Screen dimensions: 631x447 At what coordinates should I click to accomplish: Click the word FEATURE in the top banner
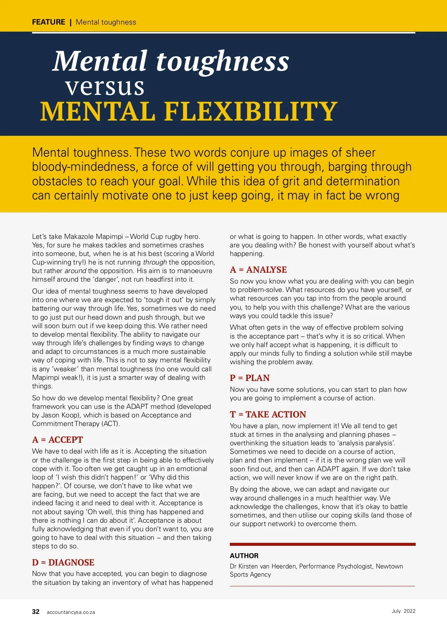click(x=48, y=22)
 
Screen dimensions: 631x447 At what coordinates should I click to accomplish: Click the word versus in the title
click(x=105, y=87)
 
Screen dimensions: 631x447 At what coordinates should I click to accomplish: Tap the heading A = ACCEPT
click(x=57, y=440)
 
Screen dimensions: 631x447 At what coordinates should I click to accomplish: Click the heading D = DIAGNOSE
click(x=63, y=563)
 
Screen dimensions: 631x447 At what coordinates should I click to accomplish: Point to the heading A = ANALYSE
click(x=258, y=270)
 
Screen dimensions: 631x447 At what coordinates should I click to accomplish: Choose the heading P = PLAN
click(x=250, y=378)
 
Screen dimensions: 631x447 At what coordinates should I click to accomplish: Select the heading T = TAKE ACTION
click(x=268, y=414)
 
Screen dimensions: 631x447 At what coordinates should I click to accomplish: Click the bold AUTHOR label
click(x=244, y=556)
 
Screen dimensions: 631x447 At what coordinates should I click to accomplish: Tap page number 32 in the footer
click(x=36, y=612)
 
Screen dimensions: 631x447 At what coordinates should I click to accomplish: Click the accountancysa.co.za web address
click(x=71, y=612)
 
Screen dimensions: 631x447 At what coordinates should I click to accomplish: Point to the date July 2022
click(x=403, y=611)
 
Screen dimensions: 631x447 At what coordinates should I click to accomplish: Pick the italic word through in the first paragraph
click(x=155, y=262)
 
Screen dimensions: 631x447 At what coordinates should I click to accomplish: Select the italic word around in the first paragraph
click(x=75, y=271)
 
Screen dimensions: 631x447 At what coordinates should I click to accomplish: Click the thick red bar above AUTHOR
click(x=323, y=544)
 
